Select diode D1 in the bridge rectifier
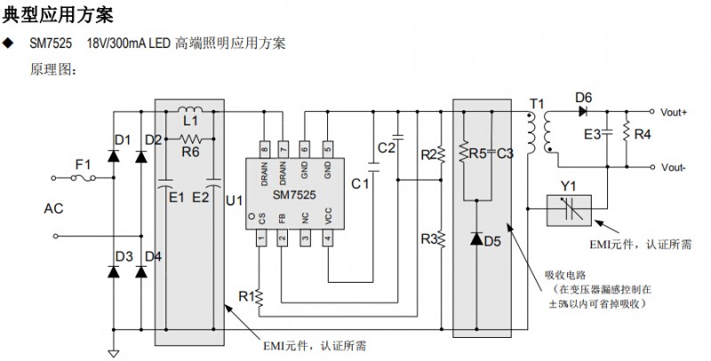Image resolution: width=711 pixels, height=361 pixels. coord(114,156)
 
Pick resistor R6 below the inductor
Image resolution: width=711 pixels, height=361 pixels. coord(190,139)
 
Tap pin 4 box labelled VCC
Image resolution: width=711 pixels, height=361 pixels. coord(328,238)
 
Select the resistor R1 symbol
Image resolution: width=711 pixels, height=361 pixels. coord(260,301)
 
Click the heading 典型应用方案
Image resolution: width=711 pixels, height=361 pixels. coord(59,15)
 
